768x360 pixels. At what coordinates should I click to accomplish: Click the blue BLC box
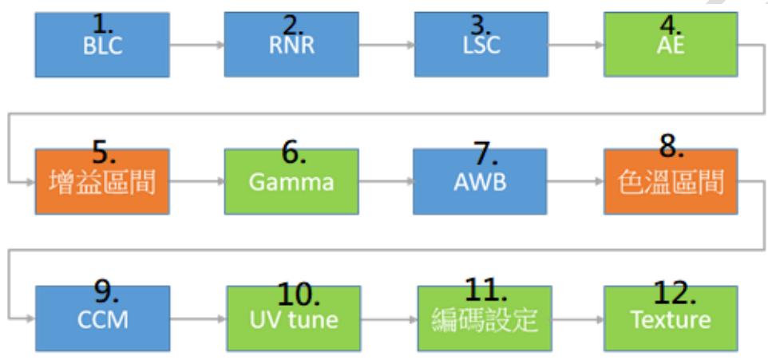pyautogui.click(x=102, y=45)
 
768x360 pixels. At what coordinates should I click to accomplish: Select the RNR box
pyautogui.click(x=291, y=45)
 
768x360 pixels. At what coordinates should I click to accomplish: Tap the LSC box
pyautogui.click(x=481, y=45)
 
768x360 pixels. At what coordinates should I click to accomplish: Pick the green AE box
pyautogui.click(x=671, y=45)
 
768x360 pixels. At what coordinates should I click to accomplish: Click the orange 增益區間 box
pyautogui.click(x=102, y=182)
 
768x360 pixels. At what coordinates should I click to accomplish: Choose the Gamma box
pyautogui.click(x=291, y=182)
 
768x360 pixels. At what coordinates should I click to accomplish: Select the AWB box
pyautogui.click(x=480, y=182)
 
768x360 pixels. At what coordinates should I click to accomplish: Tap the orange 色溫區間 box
pyautogui.click(x=671, y=182)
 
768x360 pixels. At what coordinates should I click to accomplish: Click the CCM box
pyautogui.click(x=103, y=318)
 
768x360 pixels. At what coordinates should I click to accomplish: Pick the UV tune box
pyautogui.click(x=293, y=318)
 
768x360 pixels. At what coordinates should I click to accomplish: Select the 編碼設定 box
pyautogui.click(x=485, y=318)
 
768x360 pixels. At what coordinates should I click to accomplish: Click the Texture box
pyautogui.click(x=671, y=318)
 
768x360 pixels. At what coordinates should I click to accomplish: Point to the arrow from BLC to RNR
pyautogui.click(x=197, y=45)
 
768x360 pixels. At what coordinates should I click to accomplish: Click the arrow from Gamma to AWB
pyautogui.click(x=386, y=182)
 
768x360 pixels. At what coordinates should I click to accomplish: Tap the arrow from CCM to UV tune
pyautogui.click(x=198, y=318)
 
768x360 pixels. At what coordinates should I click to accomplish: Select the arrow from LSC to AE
pyautogui.click(x=576, y=45)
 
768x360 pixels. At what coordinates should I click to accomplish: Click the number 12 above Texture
pyautogui.click(x=675, y=293)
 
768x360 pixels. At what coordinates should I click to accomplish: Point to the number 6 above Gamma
pyautogui.click(x=294, y=152)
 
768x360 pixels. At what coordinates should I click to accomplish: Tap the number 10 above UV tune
pyautogui.click(x=299, y=295)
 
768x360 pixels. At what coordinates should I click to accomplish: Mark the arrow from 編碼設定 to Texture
pyautogui.click(x=578, y=318)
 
